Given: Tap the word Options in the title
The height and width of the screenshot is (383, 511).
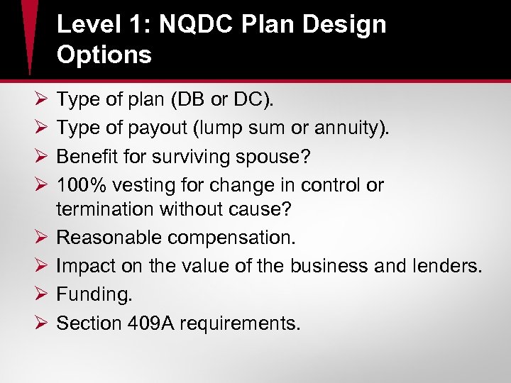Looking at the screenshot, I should (x=104, y=55).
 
